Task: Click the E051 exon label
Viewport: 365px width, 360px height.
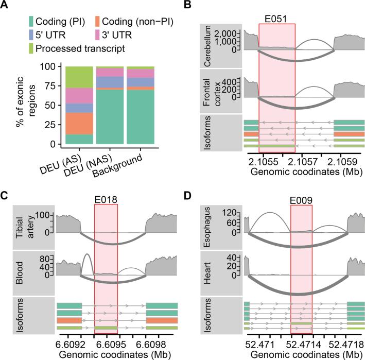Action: coord(276,18)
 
